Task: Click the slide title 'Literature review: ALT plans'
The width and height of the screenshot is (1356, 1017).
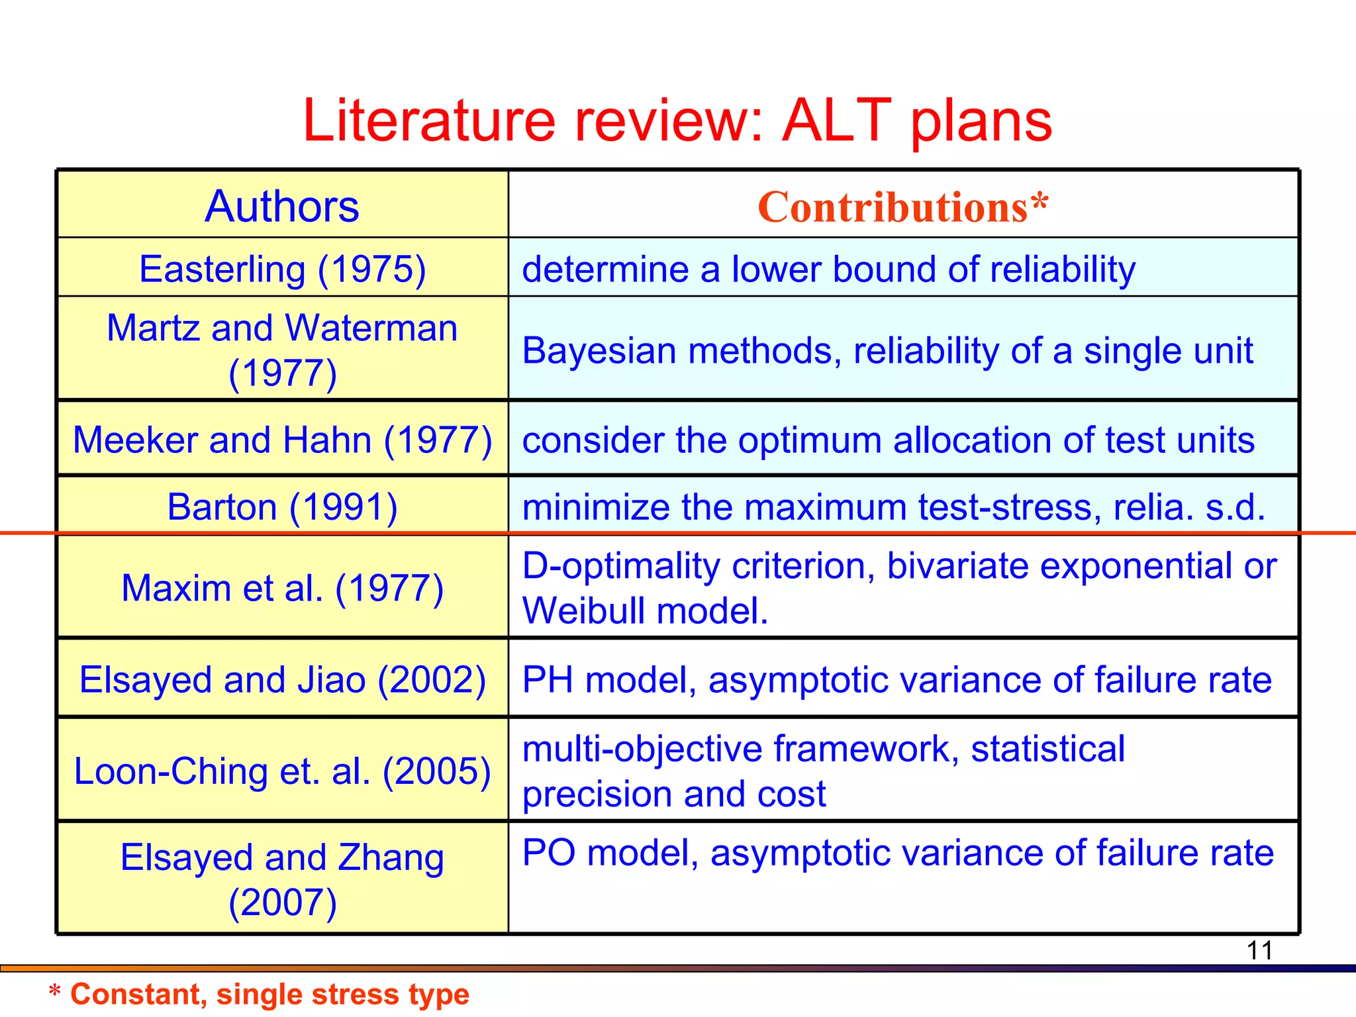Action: [x=677, y=121]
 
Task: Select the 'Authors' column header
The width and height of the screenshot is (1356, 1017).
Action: [x=282, y=206]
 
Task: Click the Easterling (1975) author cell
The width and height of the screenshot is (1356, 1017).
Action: [x=282, y=269]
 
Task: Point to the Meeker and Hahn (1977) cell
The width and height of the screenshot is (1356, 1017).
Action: [x=282, y=440]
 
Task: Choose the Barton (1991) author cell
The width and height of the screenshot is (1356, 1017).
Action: [x=282, y=507]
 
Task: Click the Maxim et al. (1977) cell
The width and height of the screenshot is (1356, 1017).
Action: [x=282, y=588]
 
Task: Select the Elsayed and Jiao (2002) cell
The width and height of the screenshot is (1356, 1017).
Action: [x=282, y=679]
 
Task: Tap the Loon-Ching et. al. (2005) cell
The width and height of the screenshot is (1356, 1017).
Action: [x=282, y=771]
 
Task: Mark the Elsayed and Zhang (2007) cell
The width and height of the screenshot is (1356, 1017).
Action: [x=282, y=879]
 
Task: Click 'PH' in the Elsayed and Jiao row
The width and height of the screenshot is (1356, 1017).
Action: [x=547, y=680]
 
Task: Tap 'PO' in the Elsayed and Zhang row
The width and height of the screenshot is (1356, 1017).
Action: [x=548, y=853]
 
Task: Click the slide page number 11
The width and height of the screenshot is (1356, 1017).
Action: [x=1259, y=951]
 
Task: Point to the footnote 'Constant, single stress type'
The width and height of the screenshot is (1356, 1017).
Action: [x=269, y=994]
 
